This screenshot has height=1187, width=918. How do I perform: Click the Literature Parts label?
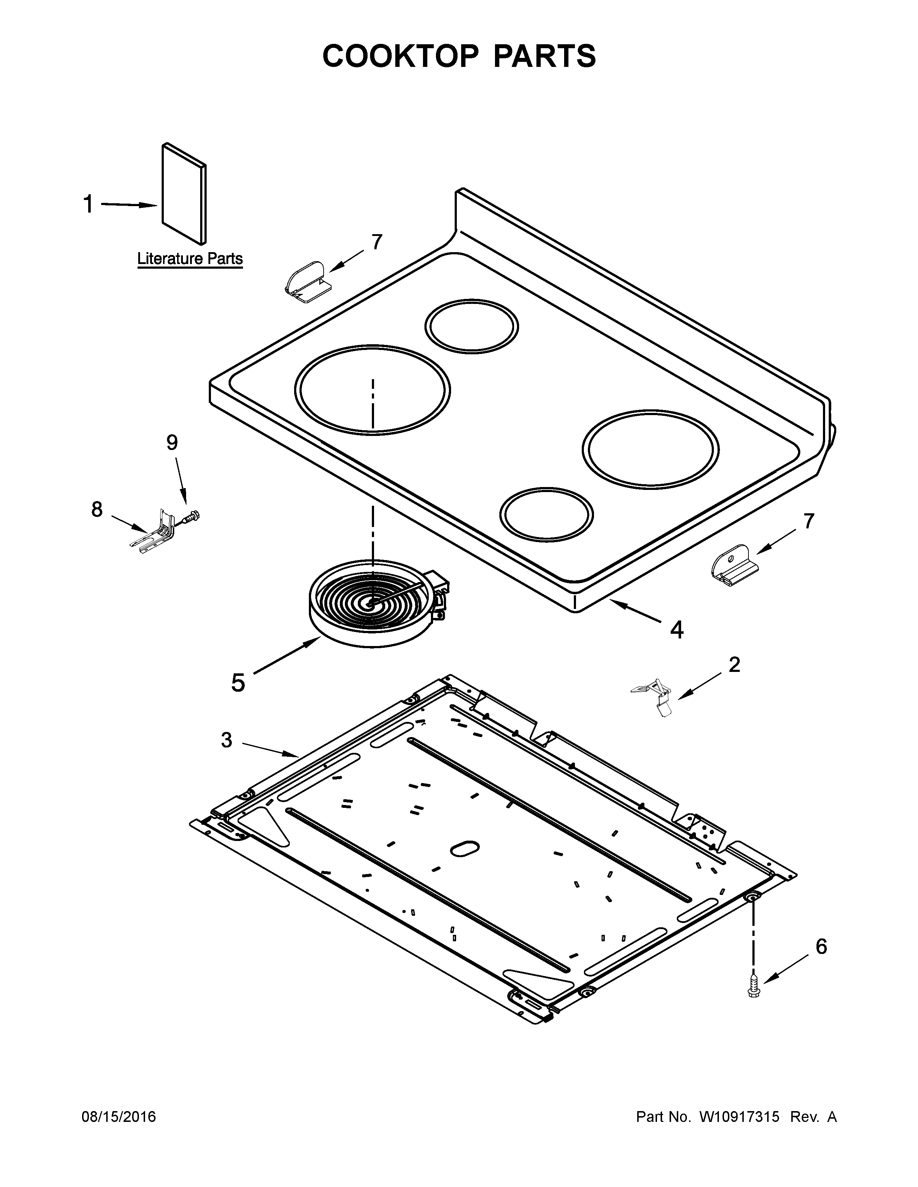pos(190,259)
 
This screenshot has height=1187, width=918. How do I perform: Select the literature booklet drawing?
pos(184,193)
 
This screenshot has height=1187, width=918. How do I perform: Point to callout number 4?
pos(676,629)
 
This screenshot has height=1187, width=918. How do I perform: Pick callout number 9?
pos(172,443)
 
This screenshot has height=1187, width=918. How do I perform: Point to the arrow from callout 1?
pos(130,205)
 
